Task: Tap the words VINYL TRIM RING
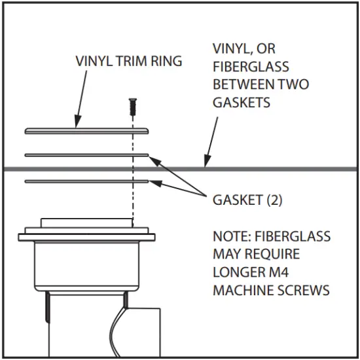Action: [128, 62]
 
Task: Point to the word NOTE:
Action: [230, 236]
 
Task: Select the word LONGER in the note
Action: [235, 272]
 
